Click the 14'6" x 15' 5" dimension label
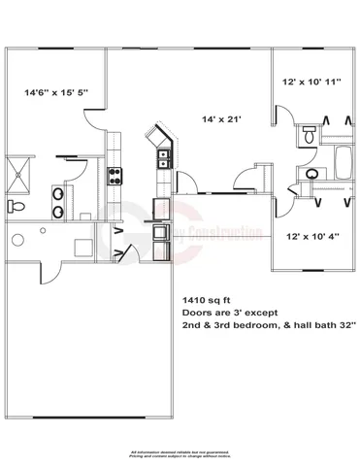click(56, 92)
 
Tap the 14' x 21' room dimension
click(219, 119)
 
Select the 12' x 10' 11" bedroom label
click(311, 83)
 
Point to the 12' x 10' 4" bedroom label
click(311, 236)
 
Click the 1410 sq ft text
click(206, 299)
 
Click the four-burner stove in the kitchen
click(114, 176)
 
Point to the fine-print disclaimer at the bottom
click(180, 454)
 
